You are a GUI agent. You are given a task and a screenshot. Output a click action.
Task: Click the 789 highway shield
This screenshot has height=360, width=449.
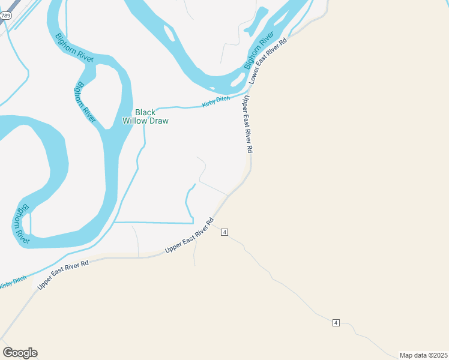pos(6,16)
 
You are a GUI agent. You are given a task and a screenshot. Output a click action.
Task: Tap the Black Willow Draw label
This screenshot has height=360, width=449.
pos(145,116)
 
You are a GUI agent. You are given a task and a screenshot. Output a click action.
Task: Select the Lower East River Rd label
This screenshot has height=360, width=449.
pos(269,60)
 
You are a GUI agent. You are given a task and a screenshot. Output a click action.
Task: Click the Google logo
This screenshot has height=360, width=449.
pos(20,353)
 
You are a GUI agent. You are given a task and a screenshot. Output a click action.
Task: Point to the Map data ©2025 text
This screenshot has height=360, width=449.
pos(423,355)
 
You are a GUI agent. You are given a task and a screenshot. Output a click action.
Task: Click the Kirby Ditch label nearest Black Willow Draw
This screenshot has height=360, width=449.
pos(216,102)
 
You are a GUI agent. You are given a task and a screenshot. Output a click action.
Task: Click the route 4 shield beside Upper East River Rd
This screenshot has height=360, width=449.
pos(224,232)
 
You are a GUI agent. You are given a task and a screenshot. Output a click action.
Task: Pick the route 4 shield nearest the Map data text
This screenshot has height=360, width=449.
pos(336,323)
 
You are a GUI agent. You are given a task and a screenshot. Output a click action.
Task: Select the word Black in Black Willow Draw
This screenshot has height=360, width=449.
pos(145,112)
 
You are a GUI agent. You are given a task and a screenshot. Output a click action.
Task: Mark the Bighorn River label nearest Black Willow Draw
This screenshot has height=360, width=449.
pos(85,101)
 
